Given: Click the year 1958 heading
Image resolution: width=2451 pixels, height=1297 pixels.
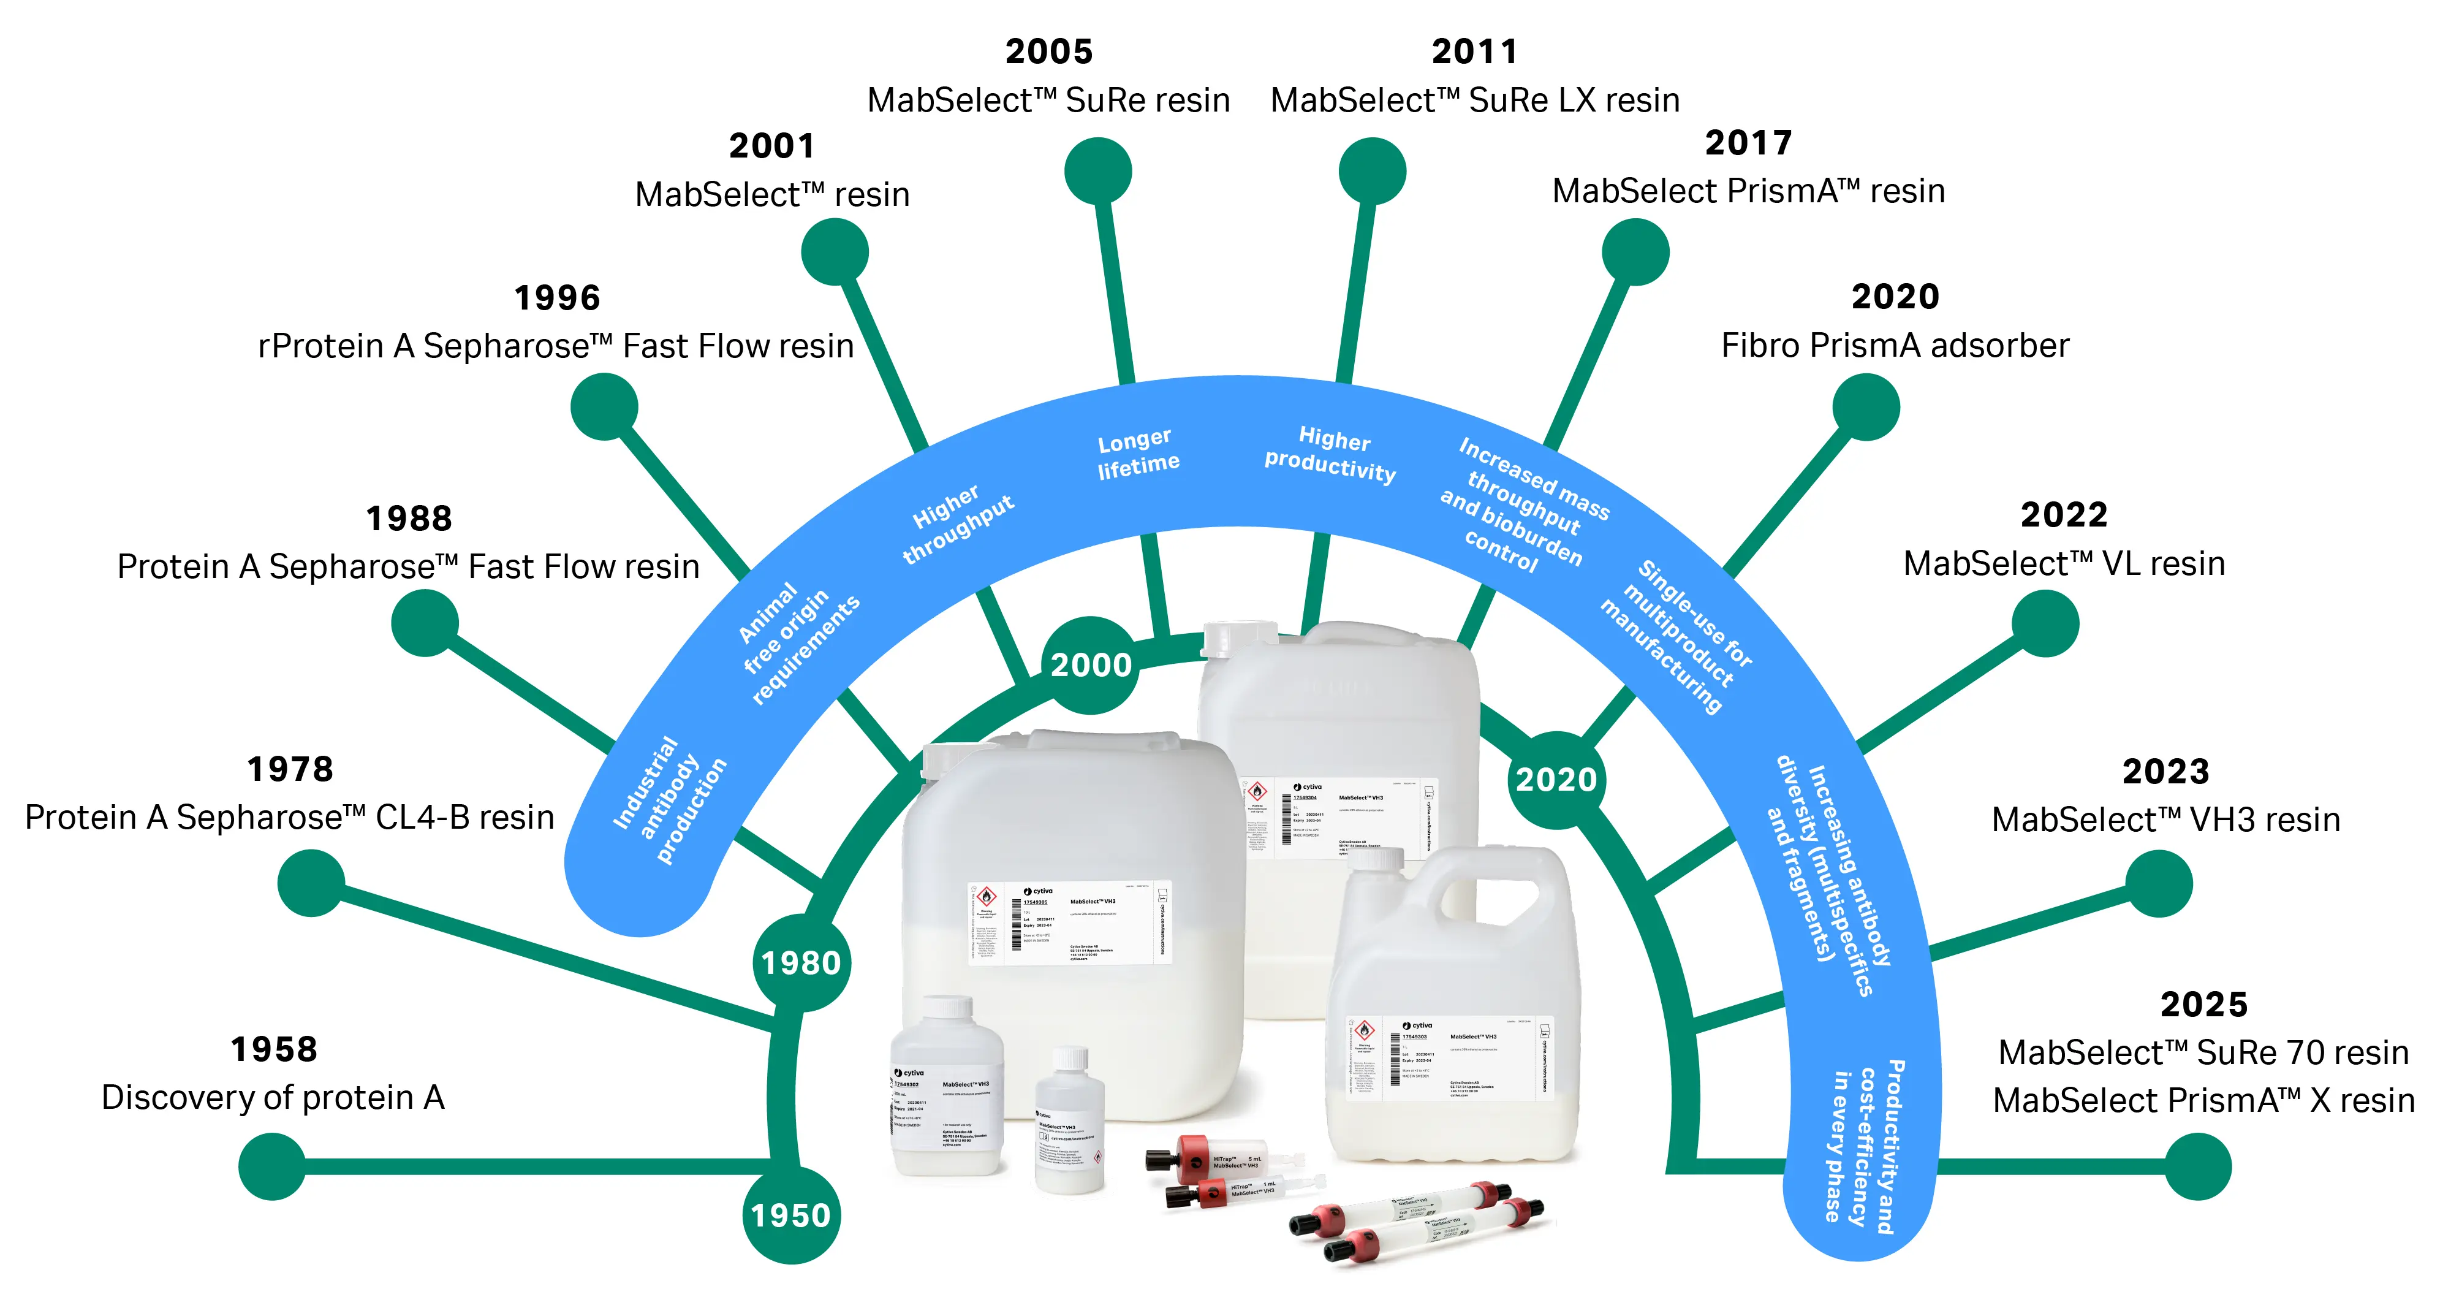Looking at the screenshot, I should [x=274, y=1049].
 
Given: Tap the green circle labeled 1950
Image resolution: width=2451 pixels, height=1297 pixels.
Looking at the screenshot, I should [x=790, y=1215].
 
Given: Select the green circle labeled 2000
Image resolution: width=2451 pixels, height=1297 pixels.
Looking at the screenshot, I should [x=1091, y=664].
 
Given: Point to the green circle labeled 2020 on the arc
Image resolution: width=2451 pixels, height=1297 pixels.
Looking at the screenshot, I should [x=1556, y=779].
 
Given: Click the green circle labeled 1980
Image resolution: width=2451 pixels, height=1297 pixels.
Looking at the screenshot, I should [x=801, y=963].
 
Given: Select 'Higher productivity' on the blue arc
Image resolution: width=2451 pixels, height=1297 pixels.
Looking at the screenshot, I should [x=1331, y=454].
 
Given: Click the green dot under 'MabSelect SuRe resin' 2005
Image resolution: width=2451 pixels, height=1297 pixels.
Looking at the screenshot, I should [x=1098, y=171].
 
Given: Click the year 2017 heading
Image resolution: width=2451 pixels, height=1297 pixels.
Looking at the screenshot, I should [x=1748, y=143].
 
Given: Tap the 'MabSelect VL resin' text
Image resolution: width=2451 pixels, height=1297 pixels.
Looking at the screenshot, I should [x=2064, y=563].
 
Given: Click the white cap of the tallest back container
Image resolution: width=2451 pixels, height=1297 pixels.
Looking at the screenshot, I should [x=1239, y=637].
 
